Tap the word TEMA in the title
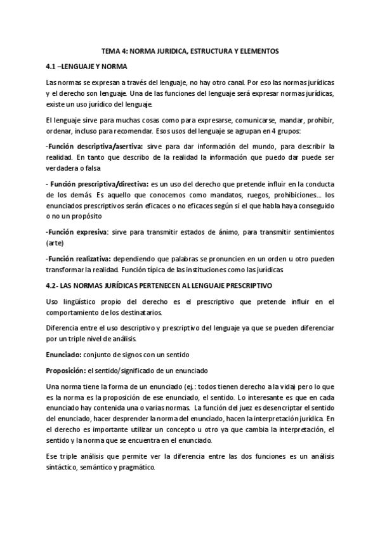pos(110,51)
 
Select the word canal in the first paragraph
pos(241,83)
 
